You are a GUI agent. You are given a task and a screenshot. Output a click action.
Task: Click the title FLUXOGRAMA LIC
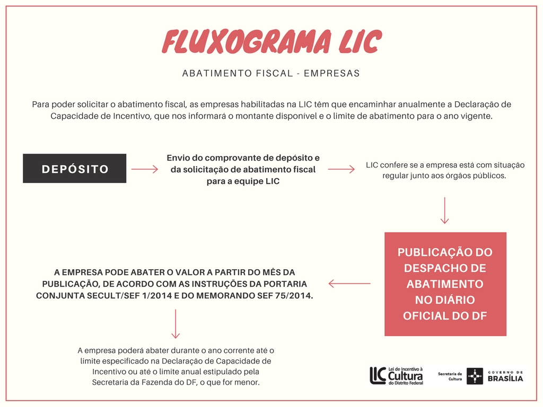tap(272, 41)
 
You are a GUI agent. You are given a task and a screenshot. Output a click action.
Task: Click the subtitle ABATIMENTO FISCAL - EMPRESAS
tap(271, 73)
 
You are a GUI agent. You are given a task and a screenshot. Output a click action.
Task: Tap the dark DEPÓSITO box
tap(74, 168)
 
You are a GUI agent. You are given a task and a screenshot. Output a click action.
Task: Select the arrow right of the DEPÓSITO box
tap(144, 169)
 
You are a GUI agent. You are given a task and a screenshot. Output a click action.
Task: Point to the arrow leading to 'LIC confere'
tap(341, 169)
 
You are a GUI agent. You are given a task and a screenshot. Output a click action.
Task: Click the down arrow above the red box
tap(445, 210)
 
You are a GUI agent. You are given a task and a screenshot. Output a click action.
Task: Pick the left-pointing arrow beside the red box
tap(349, 284)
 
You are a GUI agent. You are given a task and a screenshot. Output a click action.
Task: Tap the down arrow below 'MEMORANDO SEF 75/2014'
tap(176, 324)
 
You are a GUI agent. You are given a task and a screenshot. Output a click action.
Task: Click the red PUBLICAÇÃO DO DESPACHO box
tap(445, 284)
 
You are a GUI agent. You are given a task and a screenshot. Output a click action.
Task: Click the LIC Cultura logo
tap(397, 376)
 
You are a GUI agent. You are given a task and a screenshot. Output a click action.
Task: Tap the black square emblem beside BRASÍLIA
tap(475, 376)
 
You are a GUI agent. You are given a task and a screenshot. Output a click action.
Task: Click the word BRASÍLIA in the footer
tap(505, 378)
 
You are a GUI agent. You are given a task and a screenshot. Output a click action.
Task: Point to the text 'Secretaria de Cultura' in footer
tap(450, 376)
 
